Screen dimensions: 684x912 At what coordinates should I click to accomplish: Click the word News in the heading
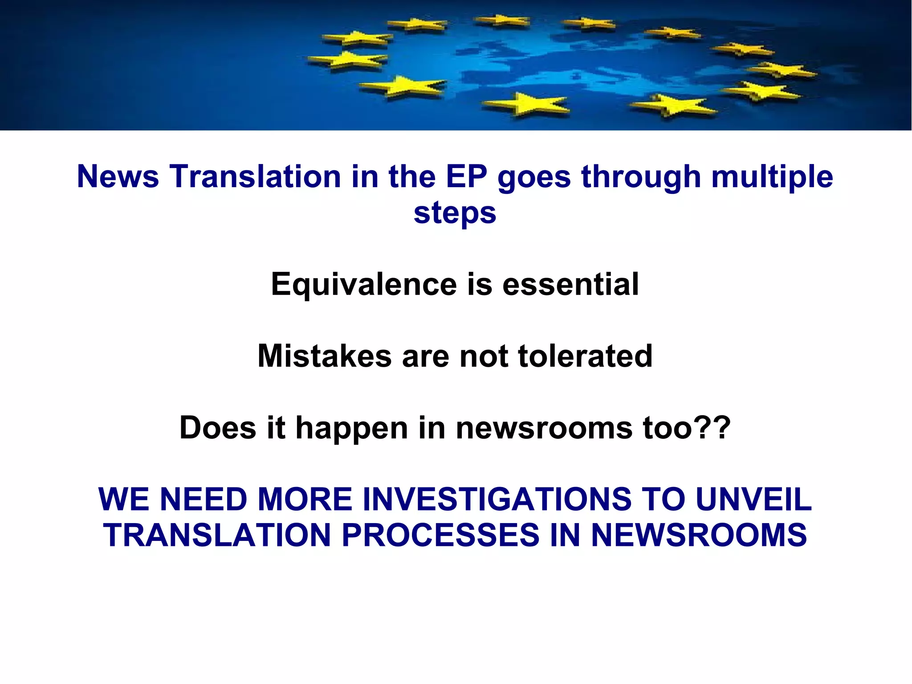point(118,176)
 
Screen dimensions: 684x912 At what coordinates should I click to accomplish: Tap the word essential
point(570,284)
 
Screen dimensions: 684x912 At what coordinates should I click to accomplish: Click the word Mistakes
point(325,356)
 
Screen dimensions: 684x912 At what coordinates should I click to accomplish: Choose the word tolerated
point(585,356)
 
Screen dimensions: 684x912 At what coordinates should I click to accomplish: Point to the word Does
point(218,428)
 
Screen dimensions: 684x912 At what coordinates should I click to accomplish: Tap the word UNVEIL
point(753,499)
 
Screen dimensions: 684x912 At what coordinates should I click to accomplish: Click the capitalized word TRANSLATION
point(217,535)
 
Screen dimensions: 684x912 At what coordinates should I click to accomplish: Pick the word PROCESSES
point(440,535)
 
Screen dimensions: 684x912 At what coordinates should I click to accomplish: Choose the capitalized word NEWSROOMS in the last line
point(699,535)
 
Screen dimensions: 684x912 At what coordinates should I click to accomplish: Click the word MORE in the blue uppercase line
point(305,499)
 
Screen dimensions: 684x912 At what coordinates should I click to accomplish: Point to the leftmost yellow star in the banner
point(347,60)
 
